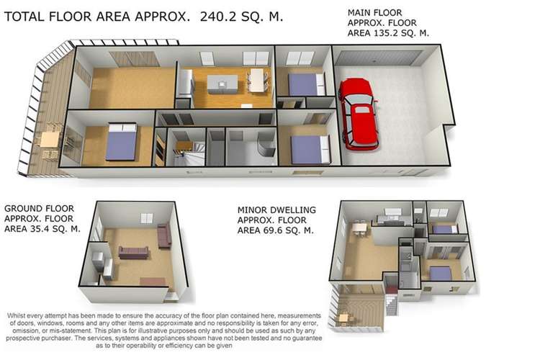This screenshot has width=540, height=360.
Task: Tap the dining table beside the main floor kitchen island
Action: [257, 80]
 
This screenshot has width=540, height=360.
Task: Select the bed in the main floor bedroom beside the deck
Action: [121, 141]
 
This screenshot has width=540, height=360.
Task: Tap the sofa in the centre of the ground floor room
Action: [134, 251]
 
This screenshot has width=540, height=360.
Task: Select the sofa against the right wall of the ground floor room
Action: [163, 235]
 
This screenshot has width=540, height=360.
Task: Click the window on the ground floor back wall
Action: [147, 217]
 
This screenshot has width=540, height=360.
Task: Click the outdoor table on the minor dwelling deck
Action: [344, 318]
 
